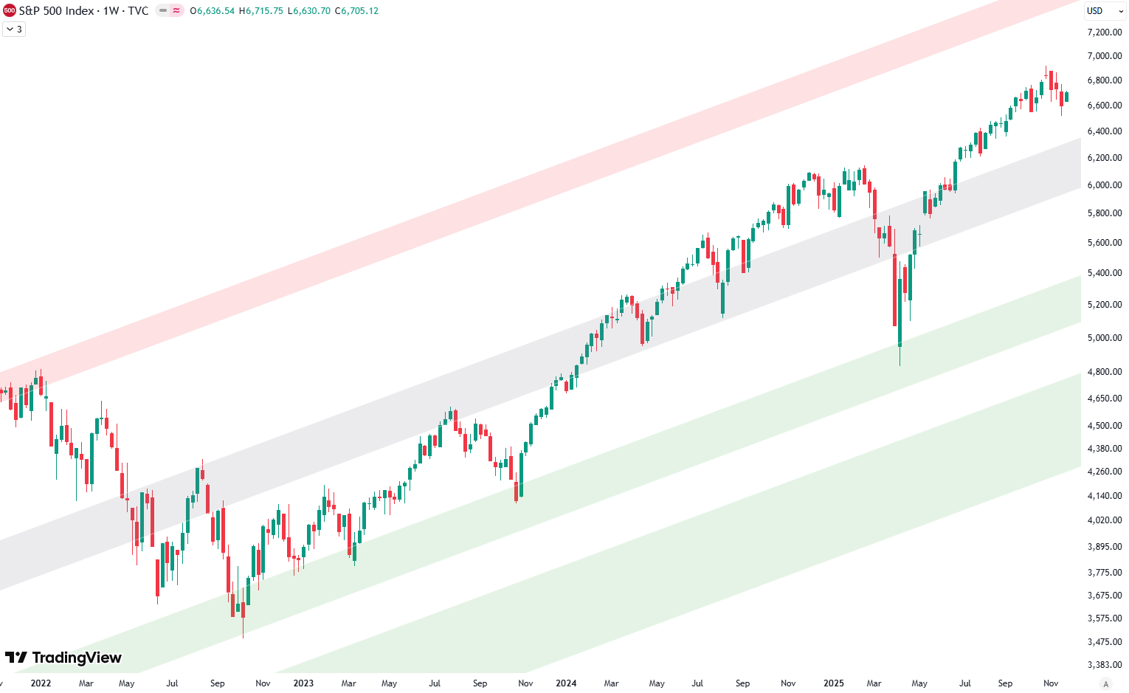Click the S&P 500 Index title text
57,11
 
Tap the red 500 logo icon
9,11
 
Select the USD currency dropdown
1104,11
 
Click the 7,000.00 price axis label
1105,56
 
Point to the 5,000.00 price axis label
1105,338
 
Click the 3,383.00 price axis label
1105,665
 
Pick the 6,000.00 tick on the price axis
1105,185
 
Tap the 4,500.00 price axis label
1105,426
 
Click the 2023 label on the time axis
303,683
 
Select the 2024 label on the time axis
566,683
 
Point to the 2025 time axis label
834,683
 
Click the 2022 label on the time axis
41,683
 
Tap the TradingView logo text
63,658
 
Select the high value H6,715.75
260,11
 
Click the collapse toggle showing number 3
14,30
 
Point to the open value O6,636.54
212,11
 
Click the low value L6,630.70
308,11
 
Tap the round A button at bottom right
1105,683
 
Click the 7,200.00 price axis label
1105,32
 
